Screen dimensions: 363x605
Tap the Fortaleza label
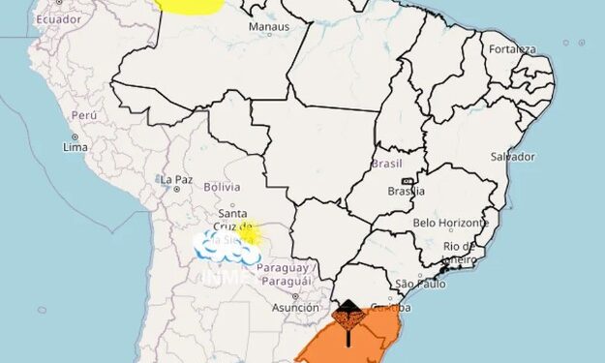click(x=511, y=48)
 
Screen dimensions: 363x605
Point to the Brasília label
click(x=406, y=192)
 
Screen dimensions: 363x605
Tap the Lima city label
click(x=76, y=147)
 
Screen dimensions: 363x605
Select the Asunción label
click(x=295, y=309)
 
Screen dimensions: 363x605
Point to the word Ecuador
click(x=59, y=19)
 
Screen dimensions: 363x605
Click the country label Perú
click(x=84, y=115)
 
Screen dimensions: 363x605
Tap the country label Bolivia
click(x=222, y=186)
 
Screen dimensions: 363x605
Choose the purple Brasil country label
click(x=386, y=165)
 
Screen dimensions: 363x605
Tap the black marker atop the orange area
click(x=348, y=315)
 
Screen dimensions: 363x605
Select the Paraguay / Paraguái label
click(x=285, y=273)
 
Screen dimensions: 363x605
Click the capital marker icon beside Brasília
click(x=408, y=181)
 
